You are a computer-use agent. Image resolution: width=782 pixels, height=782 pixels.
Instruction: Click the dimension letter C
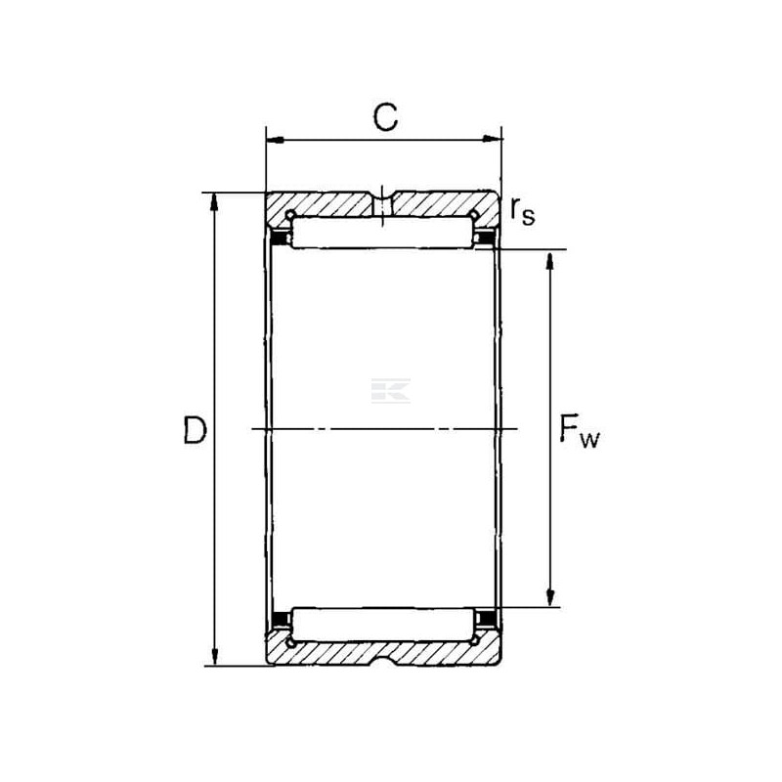[x=385, y=117]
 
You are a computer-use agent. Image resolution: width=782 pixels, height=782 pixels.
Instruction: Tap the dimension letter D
[x=195, y=430]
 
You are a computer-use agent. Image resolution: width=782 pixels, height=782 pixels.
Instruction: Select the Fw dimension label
[x=579, y=431]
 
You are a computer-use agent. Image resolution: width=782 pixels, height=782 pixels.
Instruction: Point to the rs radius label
[x=522, y=211]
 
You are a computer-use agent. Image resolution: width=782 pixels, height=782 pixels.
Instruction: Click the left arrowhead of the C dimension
[x=276, y=140]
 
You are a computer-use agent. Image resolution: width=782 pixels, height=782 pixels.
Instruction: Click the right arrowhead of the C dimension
[x=492, y=139]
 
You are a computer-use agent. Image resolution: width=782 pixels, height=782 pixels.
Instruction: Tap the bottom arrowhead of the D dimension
[x=215, y=656]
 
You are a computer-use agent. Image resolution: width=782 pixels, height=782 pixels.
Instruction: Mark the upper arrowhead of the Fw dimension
[x=550, y=261]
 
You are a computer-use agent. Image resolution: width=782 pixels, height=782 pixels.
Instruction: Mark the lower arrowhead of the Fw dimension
[x=550, y=597]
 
